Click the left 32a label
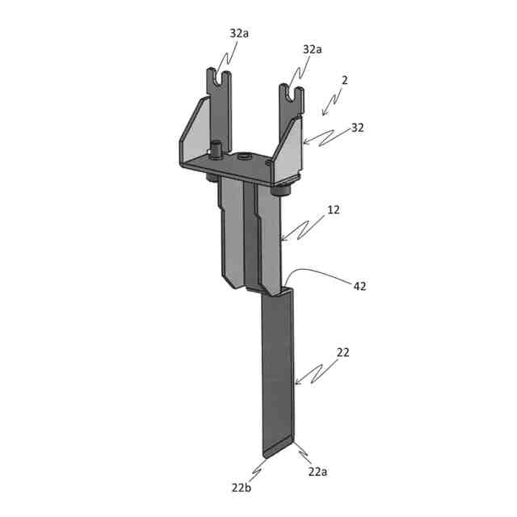pyautogui.click(x=239, y=33)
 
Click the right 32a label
pyautogui.click(x=313, y=49)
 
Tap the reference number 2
pyautogui.click(x=345, y=80)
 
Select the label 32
pyautogui.click(x=357, y=128)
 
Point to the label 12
pyautogui.click(x=334, y=210)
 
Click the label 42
pyautogui.click(x=359, y=286)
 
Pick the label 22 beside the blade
pyautogui.click(x=343, y=352)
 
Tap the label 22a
pyautogui.click(x=317, y=472)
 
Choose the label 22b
pyautogui.click(x=242, y=488)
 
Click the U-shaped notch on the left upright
pyautogui.click(x=219, y=78)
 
